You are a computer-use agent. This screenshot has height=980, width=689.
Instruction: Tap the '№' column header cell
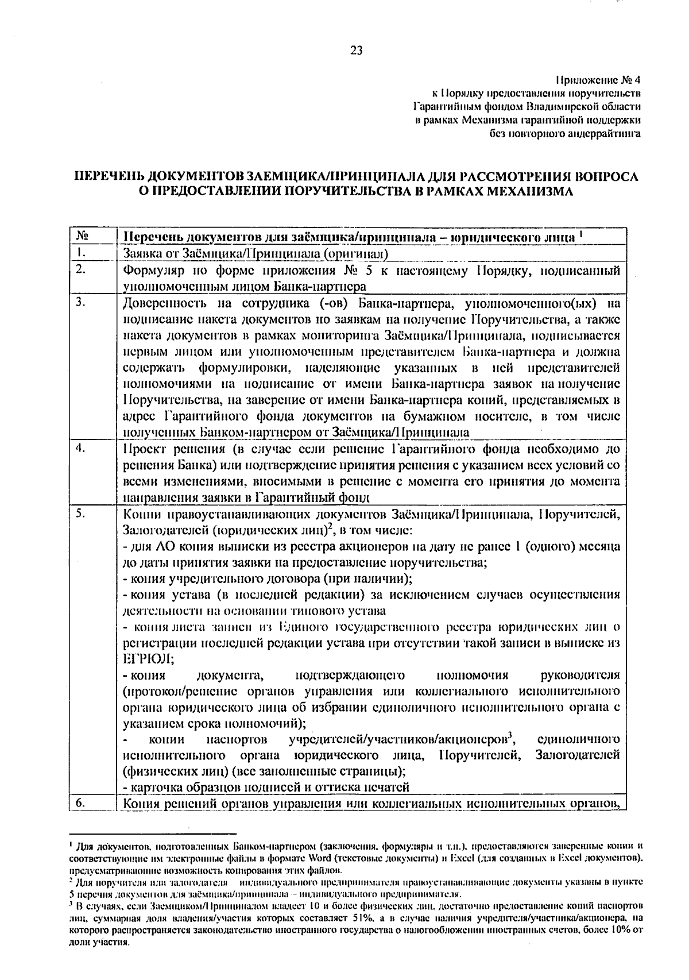tap(82, 237)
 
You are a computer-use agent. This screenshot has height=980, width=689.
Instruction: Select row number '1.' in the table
tap(80, 253)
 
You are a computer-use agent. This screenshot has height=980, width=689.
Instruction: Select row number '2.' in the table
tap(80, 269)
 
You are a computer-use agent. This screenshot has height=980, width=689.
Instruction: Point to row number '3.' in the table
tap(80, 302)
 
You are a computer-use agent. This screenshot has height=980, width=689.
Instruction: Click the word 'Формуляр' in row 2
tap(149, 270)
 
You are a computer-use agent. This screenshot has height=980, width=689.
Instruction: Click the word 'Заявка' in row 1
tap(141, 253)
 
